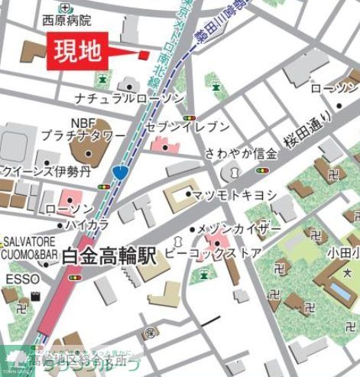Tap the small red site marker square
143,54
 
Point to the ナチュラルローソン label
129,99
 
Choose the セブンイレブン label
196,126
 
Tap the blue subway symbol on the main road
120,173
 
